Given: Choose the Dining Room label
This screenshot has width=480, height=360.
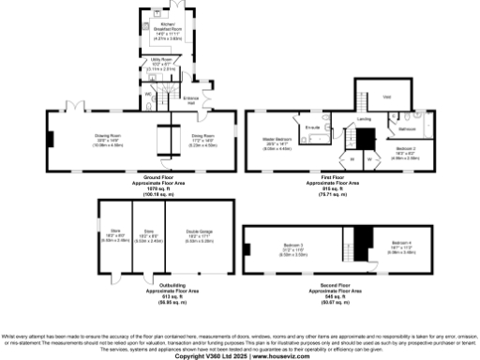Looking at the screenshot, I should tap(204, 137).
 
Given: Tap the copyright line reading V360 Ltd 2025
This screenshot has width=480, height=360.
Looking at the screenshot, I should tap(239, 355).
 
